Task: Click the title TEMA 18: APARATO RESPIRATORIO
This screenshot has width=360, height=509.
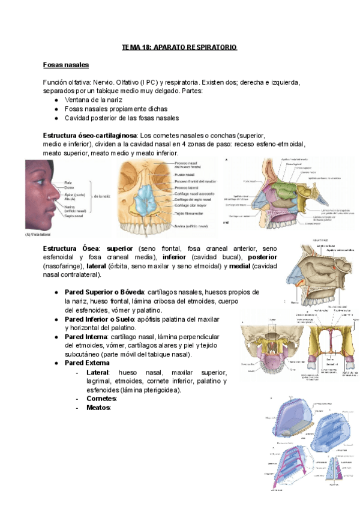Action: tap(179, 47)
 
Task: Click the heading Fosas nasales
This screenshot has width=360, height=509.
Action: tap(65, 64)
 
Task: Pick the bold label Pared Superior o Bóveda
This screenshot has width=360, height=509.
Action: tap(101, 292)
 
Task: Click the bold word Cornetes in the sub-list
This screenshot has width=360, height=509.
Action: tap(101, 399)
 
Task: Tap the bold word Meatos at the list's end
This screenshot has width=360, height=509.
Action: tap(98, 408)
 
